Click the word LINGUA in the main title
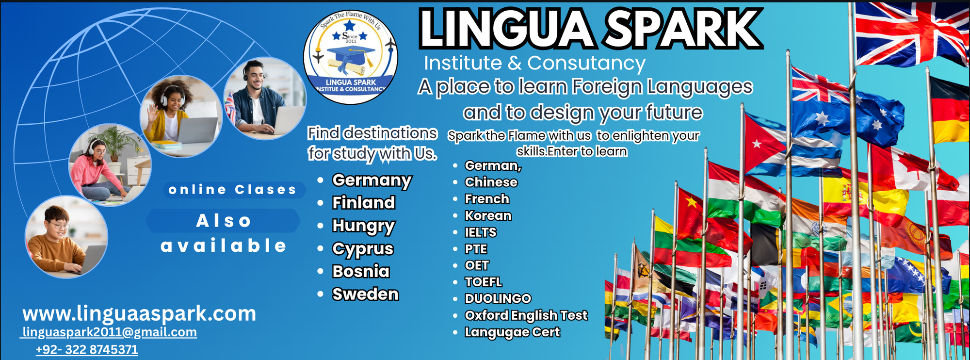(x=507, y=29)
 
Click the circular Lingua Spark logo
(x=350, y=57)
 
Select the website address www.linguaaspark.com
(x=139, y=313)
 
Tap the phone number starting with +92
(x=87, y=349)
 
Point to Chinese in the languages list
(x=491, y=182)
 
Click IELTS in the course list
(x=481, y=232)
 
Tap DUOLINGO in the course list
(x=498, y=299)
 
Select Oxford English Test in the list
(x=526, y=315)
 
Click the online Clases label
(x=232, y=190)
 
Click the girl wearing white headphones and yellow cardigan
(x=181, y=116)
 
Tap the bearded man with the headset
(x=265, y=98)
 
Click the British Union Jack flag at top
(x=912, y=33)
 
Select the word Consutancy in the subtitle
(x=586, y=63)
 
